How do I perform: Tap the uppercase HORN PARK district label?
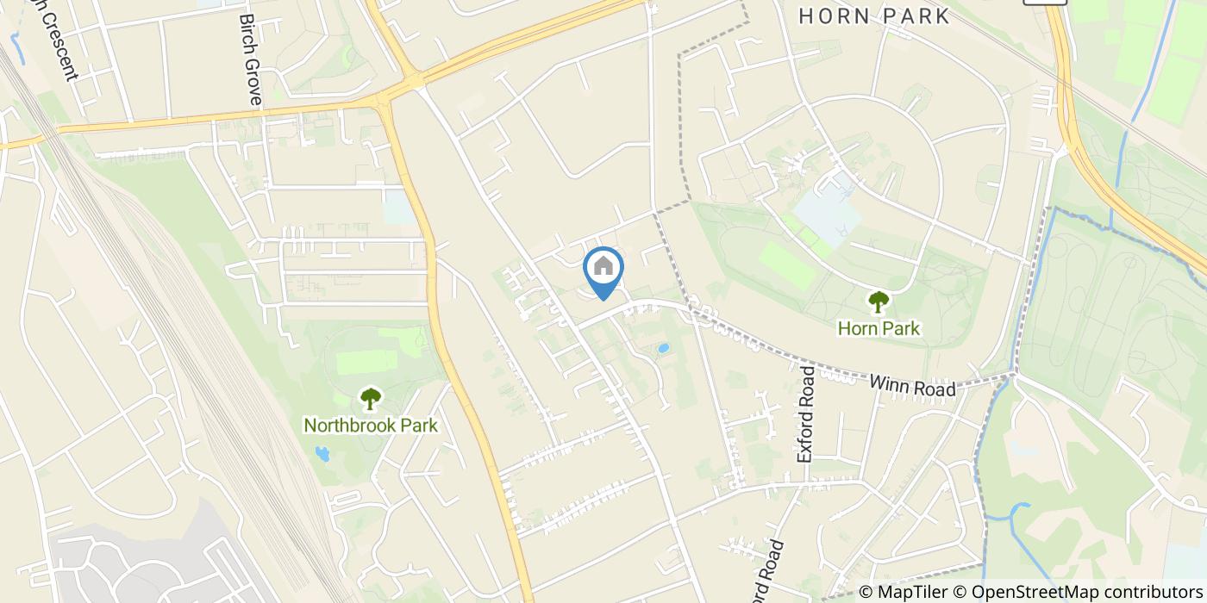coord(873,16)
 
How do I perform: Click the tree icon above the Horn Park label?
coord(879,301)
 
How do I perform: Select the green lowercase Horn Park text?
coord(879,328)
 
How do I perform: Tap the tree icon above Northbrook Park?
coord(371,398)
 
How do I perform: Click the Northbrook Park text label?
coord(371,426)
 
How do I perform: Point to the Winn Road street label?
coord(912,385)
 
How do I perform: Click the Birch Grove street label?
coord(250,59)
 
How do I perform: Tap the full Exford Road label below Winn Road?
coord(807,413)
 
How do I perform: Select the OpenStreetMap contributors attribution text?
coord(1083,592)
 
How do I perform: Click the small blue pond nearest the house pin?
coord(662,349)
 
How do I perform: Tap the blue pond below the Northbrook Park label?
coord(322,453)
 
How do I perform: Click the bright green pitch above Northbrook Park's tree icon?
coord(367,361)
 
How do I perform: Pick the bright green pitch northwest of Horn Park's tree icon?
coord(786,268)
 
